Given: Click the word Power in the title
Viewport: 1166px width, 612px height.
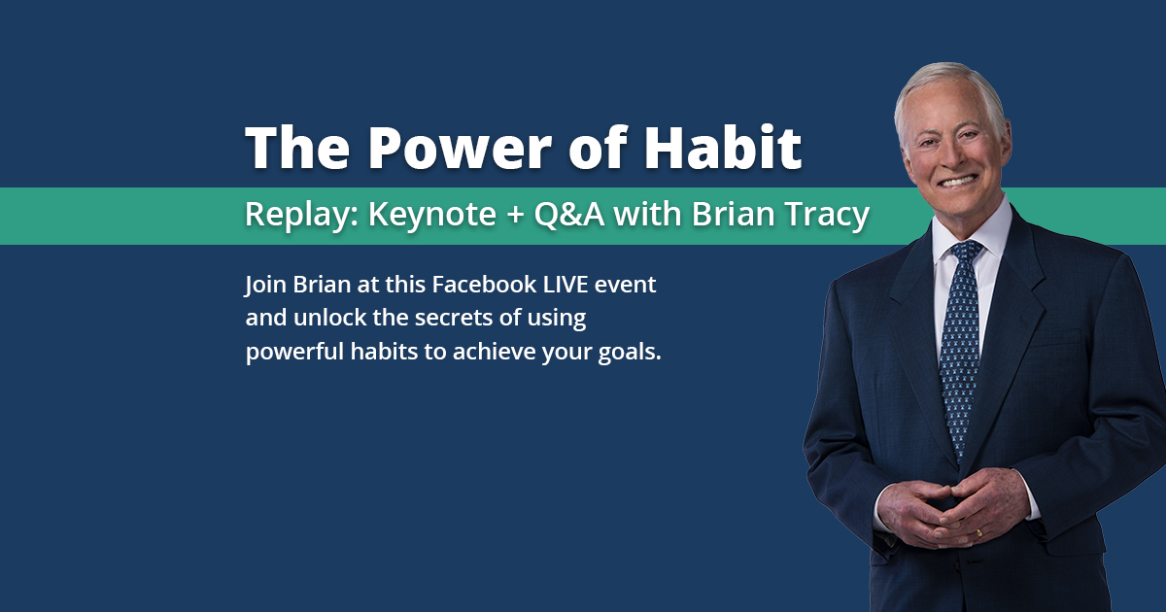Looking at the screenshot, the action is click(x=460, y=148).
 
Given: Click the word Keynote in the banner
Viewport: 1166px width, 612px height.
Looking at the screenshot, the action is click(x=432, y=215).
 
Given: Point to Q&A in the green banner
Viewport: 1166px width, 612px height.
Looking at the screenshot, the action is click(x=569, y=214).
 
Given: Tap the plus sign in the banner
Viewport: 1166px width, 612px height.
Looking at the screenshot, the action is click(x=515, y=215).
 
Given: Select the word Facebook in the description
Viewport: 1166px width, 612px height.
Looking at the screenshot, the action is click(x=484, y=284).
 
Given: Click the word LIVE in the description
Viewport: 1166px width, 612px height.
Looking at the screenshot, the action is click(x=566, y=284).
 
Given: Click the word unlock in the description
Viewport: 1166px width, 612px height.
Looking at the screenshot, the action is click(x=330, y=318).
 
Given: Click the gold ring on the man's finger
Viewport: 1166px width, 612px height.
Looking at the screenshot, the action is click(x=979, y=533).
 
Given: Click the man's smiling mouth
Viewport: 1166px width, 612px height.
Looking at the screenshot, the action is click(x=957, y=181).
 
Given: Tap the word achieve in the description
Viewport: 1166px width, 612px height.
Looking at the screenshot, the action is click(x=494, y=352).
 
